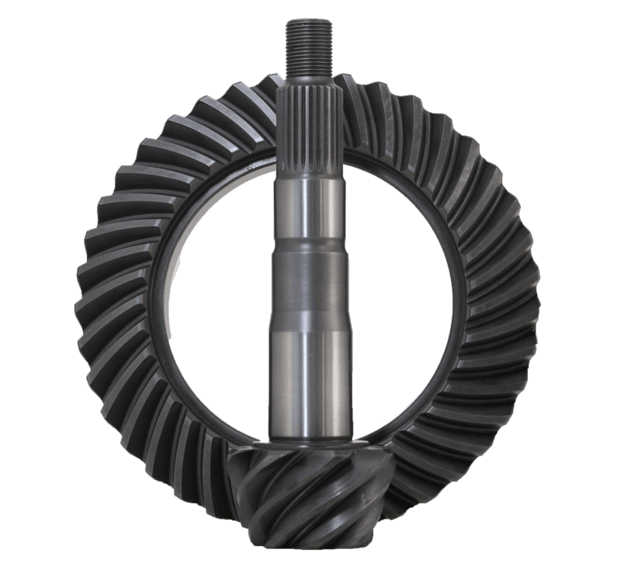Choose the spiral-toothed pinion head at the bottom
310,497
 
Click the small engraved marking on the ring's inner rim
252,167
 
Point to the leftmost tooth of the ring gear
85,295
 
